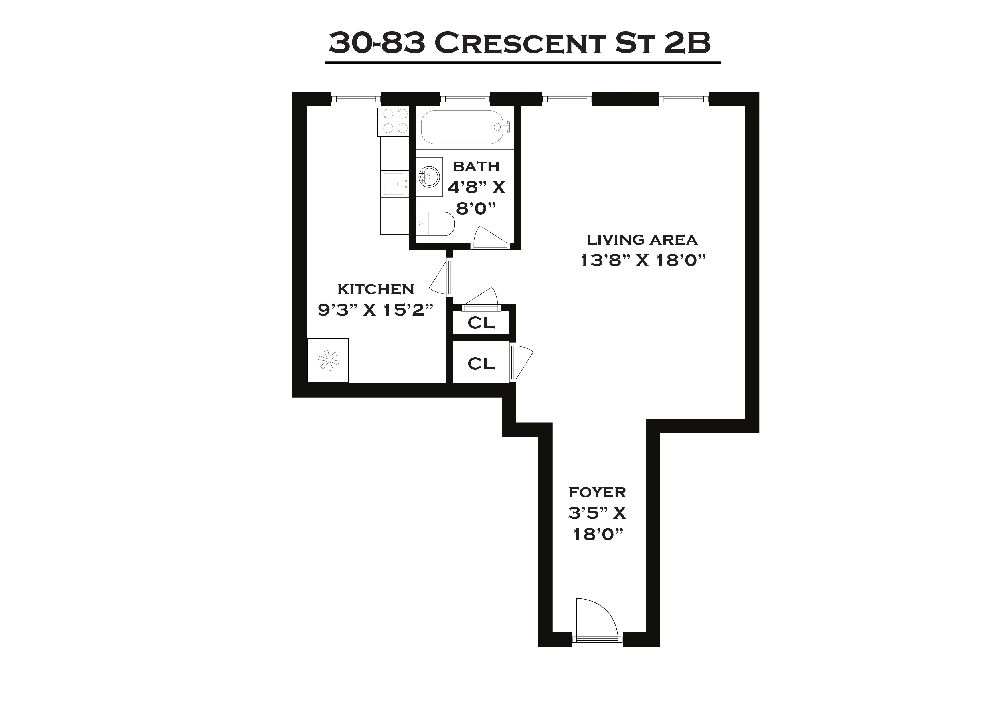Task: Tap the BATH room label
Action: [476, 166]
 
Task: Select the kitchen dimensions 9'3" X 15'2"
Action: [375, 310]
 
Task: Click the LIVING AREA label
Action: [642, 240]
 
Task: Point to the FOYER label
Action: [597, 492]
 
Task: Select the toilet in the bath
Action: [435, 224]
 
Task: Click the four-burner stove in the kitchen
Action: [395, 121]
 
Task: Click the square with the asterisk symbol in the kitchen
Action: [328, 360]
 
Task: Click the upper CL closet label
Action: [481, 323]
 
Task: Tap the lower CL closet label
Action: [481, 363]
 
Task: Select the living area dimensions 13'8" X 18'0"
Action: [643, 261]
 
